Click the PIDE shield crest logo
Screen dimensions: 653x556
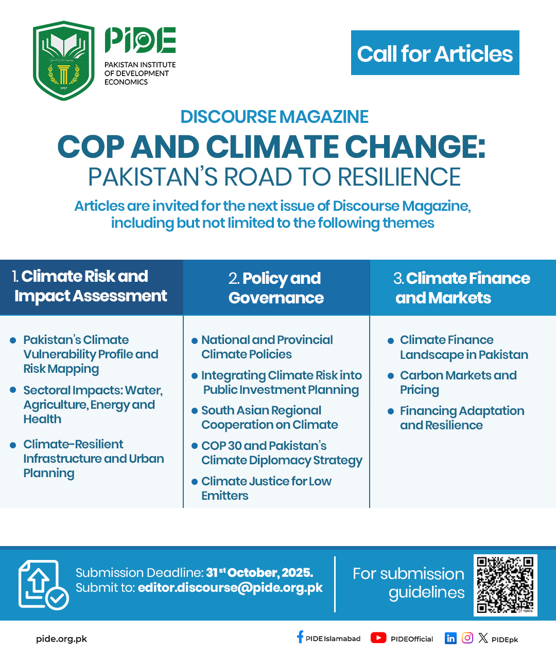pos(64,60)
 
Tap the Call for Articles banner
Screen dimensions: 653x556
pos(435,53)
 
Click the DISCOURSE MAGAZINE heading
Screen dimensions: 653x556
pos(274,117)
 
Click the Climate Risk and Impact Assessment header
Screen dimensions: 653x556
pos(91,286)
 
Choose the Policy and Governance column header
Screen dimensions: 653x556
pos(276,288)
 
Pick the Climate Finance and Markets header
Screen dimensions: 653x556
pos(462,288)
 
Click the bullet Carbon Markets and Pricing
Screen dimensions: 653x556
pos(458,383)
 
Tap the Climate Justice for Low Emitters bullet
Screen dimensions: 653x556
pos(266,488)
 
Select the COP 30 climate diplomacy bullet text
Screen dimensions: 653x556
pos(281,453)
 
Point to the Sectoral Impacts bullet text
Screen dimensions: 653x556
pos(93,405)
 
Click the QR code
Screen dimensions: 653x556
pos(505,585)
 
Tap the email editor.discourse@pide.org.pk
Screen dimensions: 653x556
pos(230,588)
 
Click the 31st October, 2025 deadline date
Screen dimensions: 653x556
pos(259,572)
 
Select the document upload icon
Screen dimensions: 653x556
pos(42,585)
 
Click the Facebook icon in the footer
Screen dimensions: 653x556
pos(300,638)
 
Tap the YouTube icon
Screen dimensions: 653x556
pos(378,638)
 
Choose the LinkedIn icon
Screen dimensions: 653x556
pos(450,638)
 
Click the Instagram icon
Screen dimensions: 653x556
pos(467,638)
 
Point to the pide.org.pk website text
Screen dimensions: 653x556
pos(61,639)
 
